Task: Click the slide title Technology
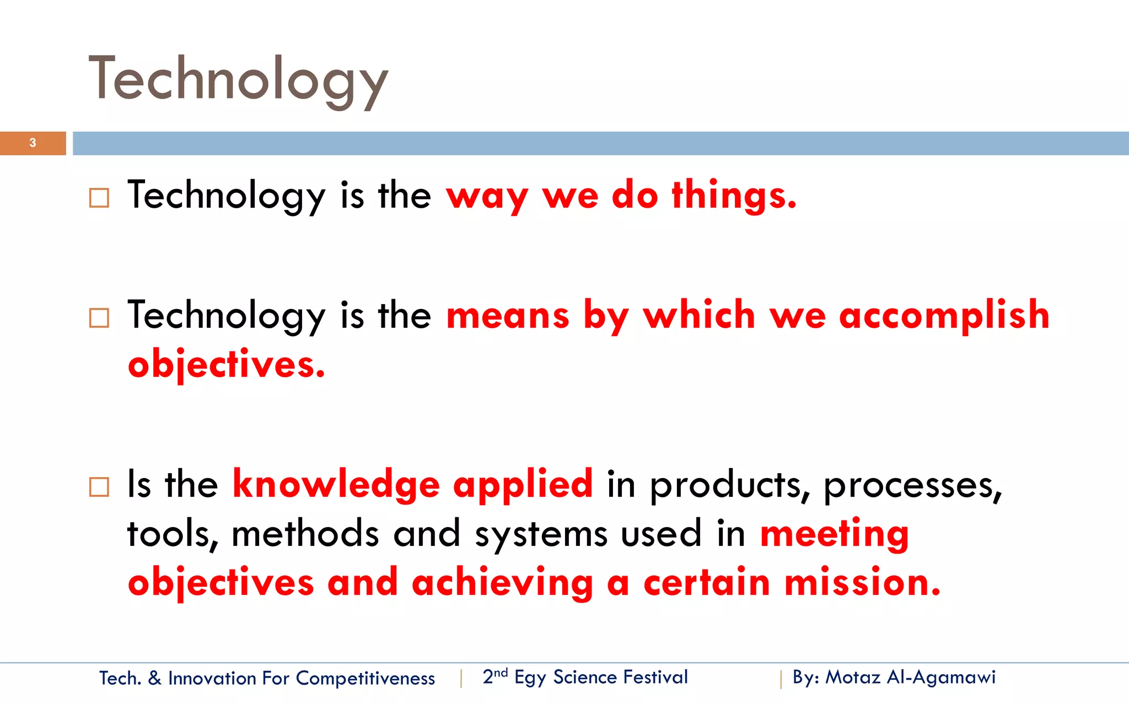click(x=238, y=80)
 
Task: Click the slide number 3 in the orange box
click(x=33, y=143)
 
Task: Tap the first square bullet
click(x=99, y=198)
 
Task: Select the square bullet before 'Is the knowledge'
click(x=99, y=487)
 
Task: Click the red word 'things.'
click(x=734, y=196)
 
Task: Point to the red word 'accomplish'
click(x=944, y=316)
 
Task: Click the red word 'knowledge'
click(x=336, y=484)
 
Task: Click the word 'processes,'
click(x=912, y=486)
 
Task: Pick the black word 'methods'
click(x=305, y=534)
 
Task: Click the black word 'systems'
click(x=541, y=535)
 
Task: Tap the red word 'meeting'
click(x=834, y=535)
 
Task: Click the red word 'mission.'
click(x=862, y=583)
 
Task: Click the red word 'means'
click(x=507, y=316)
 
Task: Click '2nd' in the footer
click(x=494, y=676)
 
